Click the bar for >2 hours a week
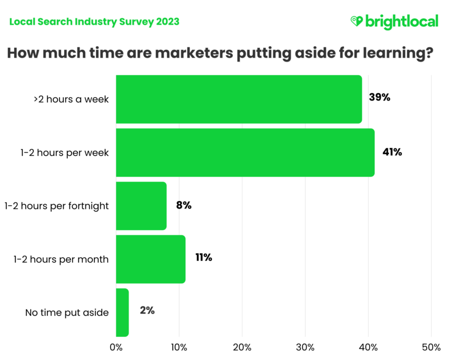(239, 99)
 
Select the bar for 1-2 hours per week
(245, 153)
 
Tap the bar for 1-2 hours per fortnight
(141, 206)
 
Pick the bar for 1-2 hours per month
(151, 259)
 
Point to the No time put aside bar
(122, 312)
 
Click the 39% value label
(379, 97)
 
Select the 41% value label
(392, 152)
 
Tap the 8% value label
(184, 205)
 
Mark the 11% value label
(203, 258)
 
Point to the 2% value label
(147, 311)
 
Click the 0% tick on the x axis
(116, 347)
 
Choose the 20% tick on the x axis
(242, 347)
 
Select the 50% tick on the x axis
(431, 347)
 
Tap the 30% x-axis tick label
(305, 347)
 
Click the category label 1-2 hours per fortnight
(56, 206)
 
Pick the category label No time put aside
(67, 313)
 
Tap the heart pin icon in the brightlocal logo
(357, 21)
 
